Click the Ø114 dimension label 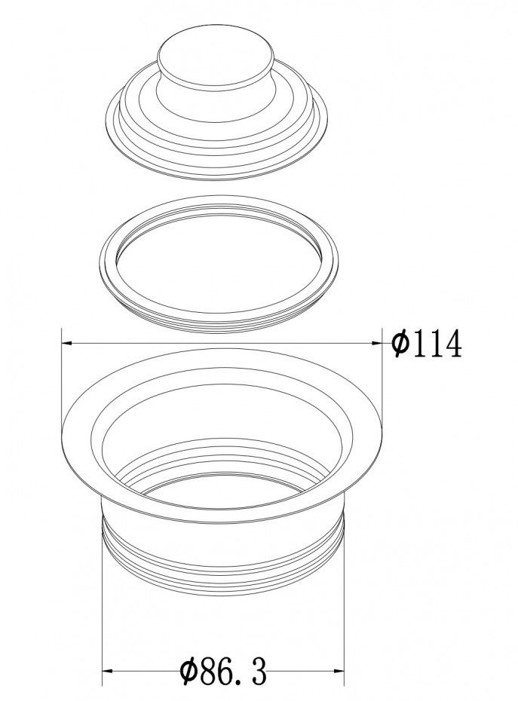[x=426, y=344]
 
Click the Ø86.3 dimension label [x=223, y=671]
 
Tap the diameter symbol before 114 [x=401, y=344]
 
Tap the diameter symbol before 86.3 [x=190, y=671]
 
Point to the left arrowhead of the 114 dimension [x=66, y=344]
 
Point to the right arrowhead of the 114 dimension [x=376, y=344]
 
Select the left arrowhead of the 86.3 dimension [x=109, y=671]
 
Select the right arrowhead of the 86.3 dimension [x=339, y=671]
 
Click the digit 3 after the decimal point [x=259, y=671]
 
